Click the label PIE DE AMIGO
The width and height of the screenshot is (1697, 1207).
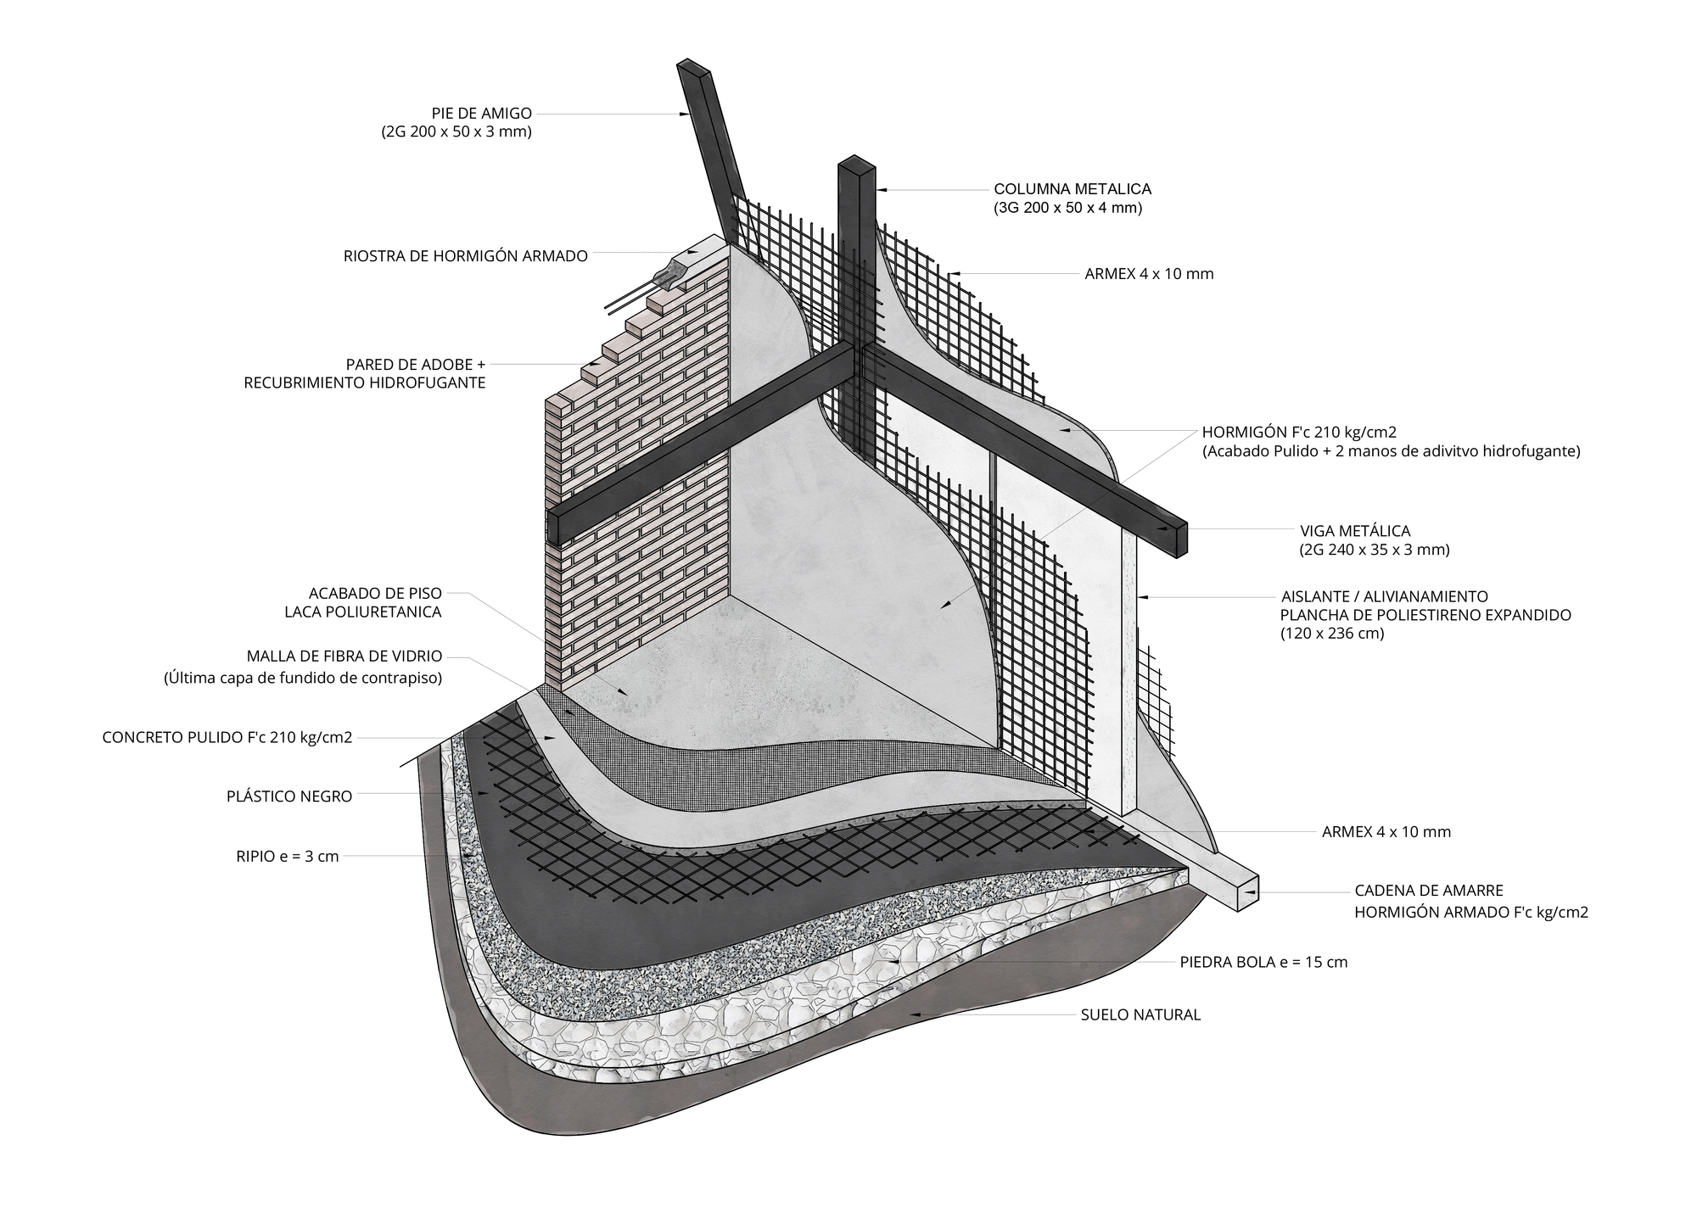point(482,113)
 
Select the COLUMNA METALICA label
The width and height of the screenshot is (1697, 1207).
point(1073,189)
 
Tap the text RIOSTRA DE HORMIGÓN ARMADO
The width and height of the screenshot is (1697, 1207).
point(466,256)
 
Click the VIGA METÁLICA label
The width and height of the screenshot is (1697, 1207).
point(1343,531)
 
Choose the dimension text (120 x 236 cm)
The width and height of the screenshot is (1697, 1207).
point(1332,633)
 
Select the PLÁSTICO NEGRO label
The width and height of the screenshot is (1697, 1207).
point(289,796)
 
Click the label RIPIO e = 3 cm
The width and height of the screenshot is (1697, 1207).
point(288,857)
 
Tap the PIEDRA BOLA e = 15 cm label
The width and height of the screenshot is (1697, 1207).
point(1263,962)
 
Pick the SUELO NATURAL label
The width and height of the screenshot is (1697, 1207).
point(1140,1014)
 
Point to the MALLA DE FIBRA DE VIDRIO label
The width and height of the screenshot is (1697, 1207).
point(344,656)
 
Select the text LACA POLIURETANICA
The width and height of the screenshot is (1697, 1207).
point(363,612)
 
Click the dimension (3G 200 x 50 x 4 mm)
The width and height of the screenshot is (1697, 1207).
point(1068,208)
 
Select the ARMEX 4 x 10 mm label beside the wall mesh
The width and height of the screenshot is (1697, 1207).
point(1149,274)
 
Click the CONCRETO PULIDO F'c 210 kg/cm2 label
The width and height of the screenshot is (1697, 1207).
point(227,737)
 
